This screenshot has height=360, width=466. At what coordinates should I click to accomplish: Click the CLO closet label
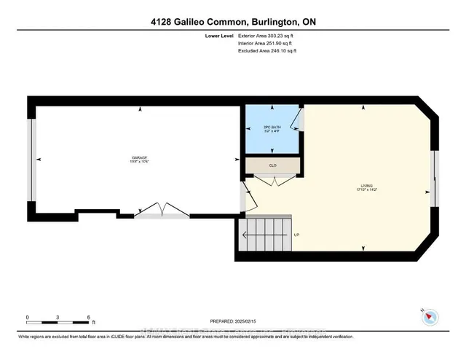[273, 165]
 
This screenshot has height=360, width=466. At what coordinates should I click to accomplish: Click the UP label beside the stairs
[296, 235]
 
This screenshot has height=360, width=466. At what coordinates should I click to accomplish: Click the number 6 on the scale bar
[88, 317]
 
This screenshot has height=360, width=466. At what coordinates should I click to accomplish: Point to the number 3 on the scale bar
[58, 317]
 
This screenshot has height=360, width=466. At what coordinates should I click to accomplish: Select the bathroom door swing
[297, 120]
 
